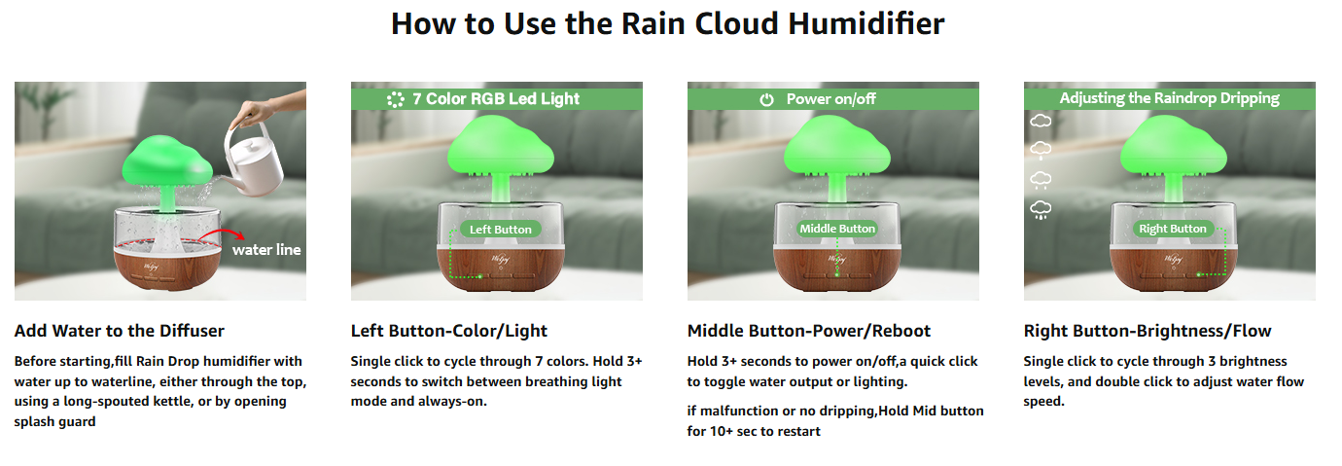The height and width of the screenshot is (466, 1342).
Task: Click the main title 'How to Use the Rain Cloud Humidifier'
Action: (667, 24)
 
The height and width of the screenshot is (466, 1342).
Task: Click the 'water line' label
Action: (266, 249)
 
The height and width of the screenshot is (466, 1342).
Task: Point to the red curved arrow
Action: (222, 234)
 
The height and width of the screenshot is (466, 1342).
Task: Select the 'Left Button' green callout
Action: (500, 229)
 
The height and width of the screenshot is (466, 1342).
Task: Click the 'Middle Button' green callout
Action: (837, 229)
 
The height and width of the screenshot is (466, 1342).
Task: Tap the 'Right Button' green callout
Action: (1173, 229)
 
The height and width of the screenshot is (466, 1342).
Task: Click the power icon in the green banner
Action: (767, 99)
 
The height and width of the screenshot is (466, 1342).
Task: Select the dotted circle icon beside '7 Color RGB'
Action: (396, 99)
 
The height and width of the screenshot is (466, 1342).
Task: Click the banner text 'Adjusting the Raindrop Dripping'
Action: (1170, 97)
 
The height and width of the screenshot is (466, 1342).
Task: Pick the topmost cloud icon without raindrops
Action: (1041, 121)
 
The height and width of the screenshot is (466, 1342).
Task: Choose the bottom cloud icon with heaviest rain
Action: (1041, 209)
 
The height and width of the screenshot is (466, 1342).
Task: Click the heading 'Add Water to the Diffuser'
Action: (120, 331)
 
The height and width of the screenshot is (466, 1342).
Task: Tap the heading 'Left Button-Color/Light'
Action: (448, 331)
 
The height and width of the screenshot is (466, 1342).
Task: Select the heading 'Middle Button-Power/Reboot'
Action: (809, 331)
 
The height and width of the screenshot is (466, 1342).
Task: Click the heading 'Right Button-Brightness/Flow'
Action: (1148, 331)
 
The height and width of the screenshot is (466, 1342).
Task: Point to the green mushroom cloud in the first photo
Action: (167, 161)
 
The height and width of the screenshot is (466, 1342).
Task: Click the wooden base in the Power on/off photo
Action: (837, 269)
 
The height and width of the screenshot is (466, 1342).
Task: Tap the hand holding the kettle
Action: (264, 111)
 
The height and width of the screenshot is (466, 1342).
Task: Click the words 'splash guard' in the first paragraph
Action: (55, 421)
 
